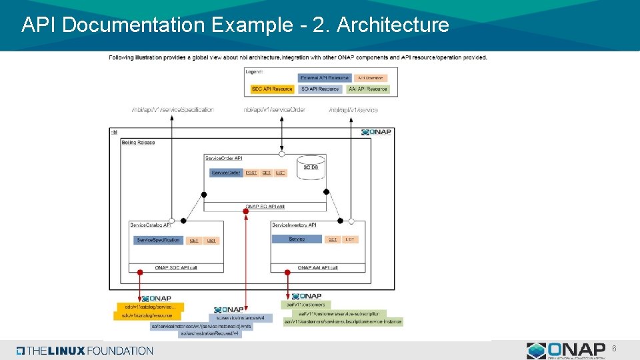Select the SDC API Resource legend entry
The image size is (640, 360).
(x=272, y=89)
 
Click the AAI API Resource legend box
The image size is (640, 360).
(x=367, y=89)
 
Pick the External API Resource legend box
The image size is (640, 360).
(x=324, y=78)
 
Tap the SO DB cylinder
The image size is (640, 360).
(x=311, y=167)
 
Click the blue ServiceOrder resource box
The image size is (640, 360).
(x=225, y=173)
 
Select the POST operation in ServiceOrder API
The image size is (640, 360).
(x=251, y=173)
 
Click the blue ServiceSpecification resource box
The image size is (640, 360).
(x=158, y=240)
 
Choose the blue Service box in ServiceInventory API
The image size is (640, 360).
(x=297, y=239)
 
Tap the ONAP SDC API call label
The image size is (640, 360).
(x=176, y=267)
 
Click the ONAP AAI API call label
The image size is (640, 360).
(x=317, y=267)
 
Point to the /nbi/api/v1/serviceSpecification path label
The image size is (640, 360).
(x=173, y=109)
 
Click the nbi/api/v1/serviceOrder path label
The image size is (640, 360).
(x=274, y=109)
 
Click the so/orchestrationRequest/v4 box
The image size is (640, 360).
(x=210, y=333)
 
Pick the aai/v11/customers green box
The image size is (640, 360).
(x=306, y=305)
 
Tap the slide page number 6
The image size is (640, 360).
(x=614, y=349)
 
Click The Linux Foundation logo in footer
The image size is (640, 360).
(x=85, y=351)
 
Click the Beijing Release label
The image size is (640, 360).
(x=138, y=143)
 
